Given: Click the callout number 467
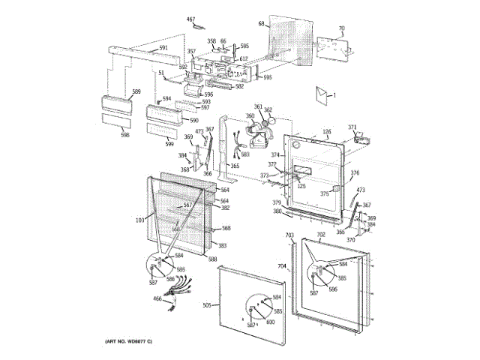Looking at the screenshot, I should pyautogui.click(x=190, y=19).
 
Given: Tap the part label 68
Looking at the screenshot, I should pyautogui.click(x=261, y=24).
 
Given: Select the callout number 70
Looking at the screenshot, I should pyautogui.click(x=341, y=28).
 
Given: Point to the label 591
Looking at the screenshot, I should pyautogui.click(x=163, y=49).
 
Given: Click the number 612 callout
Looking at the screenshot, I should pyautogui.click(x=244, y=58).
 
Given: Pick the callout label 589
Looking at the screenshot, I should pyautogui.click(x=136, y=91).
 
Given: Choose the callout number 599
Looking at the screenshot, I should pyautogui.click(x=169, y=144).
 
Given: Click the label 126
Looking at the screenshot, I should pyautogui.click(x=326, y=133).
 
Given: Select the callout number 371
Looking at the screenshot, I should pyautogui.click(x=352, y=127).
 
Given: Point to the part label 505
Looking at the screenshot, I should pyautogui.click(x=207, y=305).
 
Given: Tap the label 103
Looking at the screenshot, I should pyautogui.click(x=139, y=220).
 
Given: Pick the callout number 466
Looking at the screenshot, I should pyautogui.click(x=157, y=299).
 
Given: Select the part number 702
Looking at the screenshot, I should pyautogui.click(x=320, y=235).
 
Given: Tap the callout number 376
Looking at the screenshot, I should pyautogui.click(x=355, y=172).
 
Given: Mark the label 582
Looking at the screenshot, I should pyautogui.click(x=239, y=87).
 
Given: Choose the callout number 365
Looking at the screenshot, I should pyautogui.click(x=234, y=166).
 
